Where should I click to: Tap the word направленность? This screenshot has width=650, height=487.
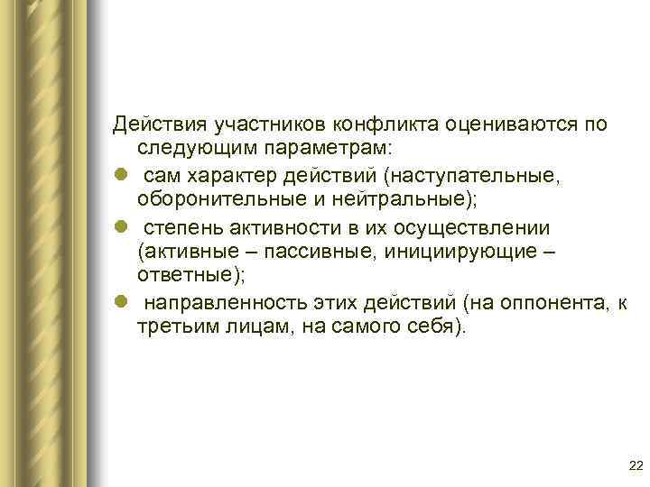[x=211, y=301]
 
